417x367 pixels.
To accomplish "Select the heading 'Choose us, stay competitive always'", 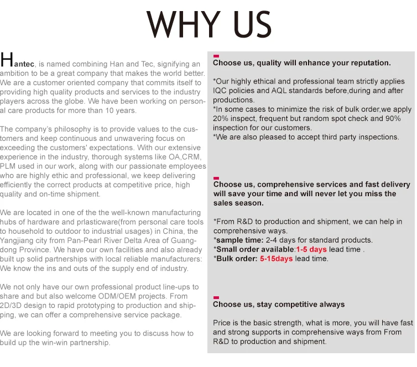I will [x=279, y=304].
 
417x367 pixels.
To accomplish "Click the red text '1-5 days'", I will [x=311, y=249].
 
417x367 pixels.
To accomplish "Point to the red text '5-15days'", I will [x=277, y=258].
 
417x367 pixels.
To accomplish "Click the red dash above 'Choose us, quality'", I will [x=216, y=56].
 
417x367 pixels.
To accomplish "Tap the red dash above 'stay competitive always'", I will [x=216, y=297].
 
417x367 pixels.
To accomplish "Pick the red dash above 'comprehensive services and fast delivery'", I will [x=216, y=177].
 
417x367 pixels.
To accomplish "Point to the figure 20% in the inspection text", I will [x=222, y=119].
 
